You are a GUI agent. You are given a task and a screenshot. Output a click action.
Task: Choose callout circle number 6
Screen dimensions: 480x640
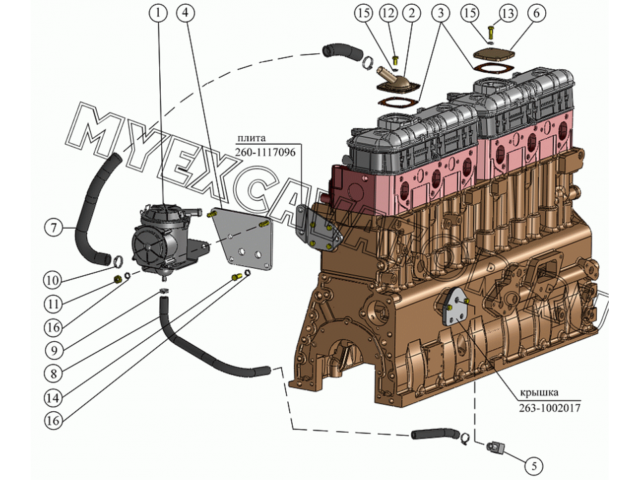coord(537,13)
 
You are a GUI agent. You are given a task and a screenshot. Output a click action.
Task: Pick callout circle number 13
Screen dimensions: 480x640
coord(507,13)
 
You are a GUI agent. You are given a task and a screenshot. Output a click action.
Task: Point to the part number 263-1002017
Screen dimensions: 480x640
coord(549,407)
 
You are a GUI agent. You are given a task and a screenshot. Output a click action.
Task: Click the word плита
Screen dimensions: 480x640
coord(250,138)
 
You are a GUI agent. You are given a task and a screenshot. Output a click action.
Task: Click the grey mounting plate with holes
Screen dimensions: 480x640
coord(243,240)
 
